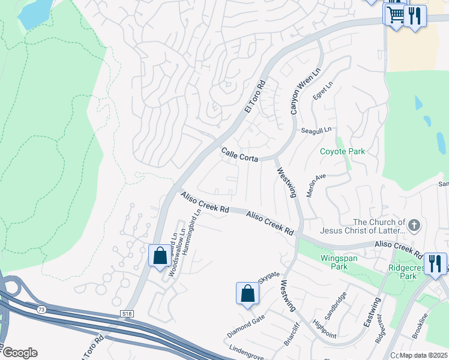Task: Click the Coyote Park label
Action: pyautogui.click(x=342, y=151)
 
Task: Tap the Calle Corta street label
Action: pyautogui.click(x=240, y=155)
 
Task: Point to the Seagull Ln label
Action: pyautogui.click(x=316, y=130)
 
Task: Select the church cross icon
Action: pyautogui.click(x=413, y=225)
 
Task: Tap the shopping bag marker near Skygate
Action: pyautogui.click(x=248, y=293)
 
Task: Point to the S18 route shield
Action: pyautogui.click(x=126, y=313)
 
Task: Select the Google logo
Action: pyautogui.click(x=20, y=353)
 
